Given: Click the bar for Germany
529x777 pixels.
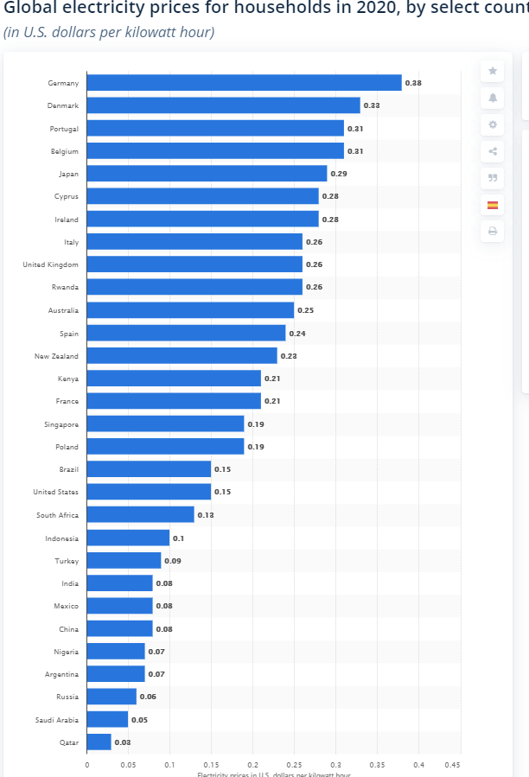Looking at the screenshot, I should click(244, 83).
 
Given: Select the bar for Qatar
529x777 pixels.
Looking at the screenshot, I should click(99, 742).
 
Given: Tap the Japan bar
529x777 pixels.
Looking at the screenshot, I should click(207, 174).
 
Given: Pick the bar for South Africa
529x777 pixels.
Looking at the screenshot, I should click(140, 514).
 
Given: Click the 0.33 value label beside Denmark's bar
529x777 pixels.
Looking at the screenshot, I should click(372, 105).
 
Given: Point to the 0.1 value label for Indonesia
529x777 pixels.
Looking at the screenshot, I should click(178, 538).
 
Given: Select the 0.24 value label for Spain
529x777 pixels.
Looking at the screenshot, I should click(297, 334).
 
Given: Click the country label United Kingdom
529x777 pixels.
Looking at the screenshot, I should click(50, 264).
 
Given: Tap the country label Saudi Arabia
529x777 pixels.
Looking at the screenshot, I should click(56, 719).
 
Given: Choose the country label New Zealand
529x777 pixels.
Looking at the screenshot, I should click(56, 356).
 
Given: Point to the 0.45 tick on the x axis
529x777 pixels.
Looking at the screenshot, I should click(452, 764).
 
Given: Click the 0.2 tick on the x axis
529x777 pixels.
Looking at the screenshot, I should click(252, 764).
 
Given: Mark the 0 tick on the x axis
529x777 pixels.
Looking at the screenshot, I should click(86, 764).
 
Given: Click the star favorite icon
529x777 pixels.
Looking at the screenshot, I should click(492, 71).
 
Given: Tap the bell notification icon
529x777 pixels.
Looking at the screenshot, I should click(492, 98).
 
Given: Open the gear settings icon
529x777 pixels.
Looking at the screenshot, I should click(492, 124).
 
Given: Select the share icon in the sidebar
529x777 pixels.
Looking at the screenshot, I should click(492, 151).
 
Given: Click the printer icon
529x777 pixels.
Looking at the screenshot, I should click(492, 231).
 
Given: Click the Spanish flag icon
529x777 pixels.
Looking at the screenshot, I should click(492, 205).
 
